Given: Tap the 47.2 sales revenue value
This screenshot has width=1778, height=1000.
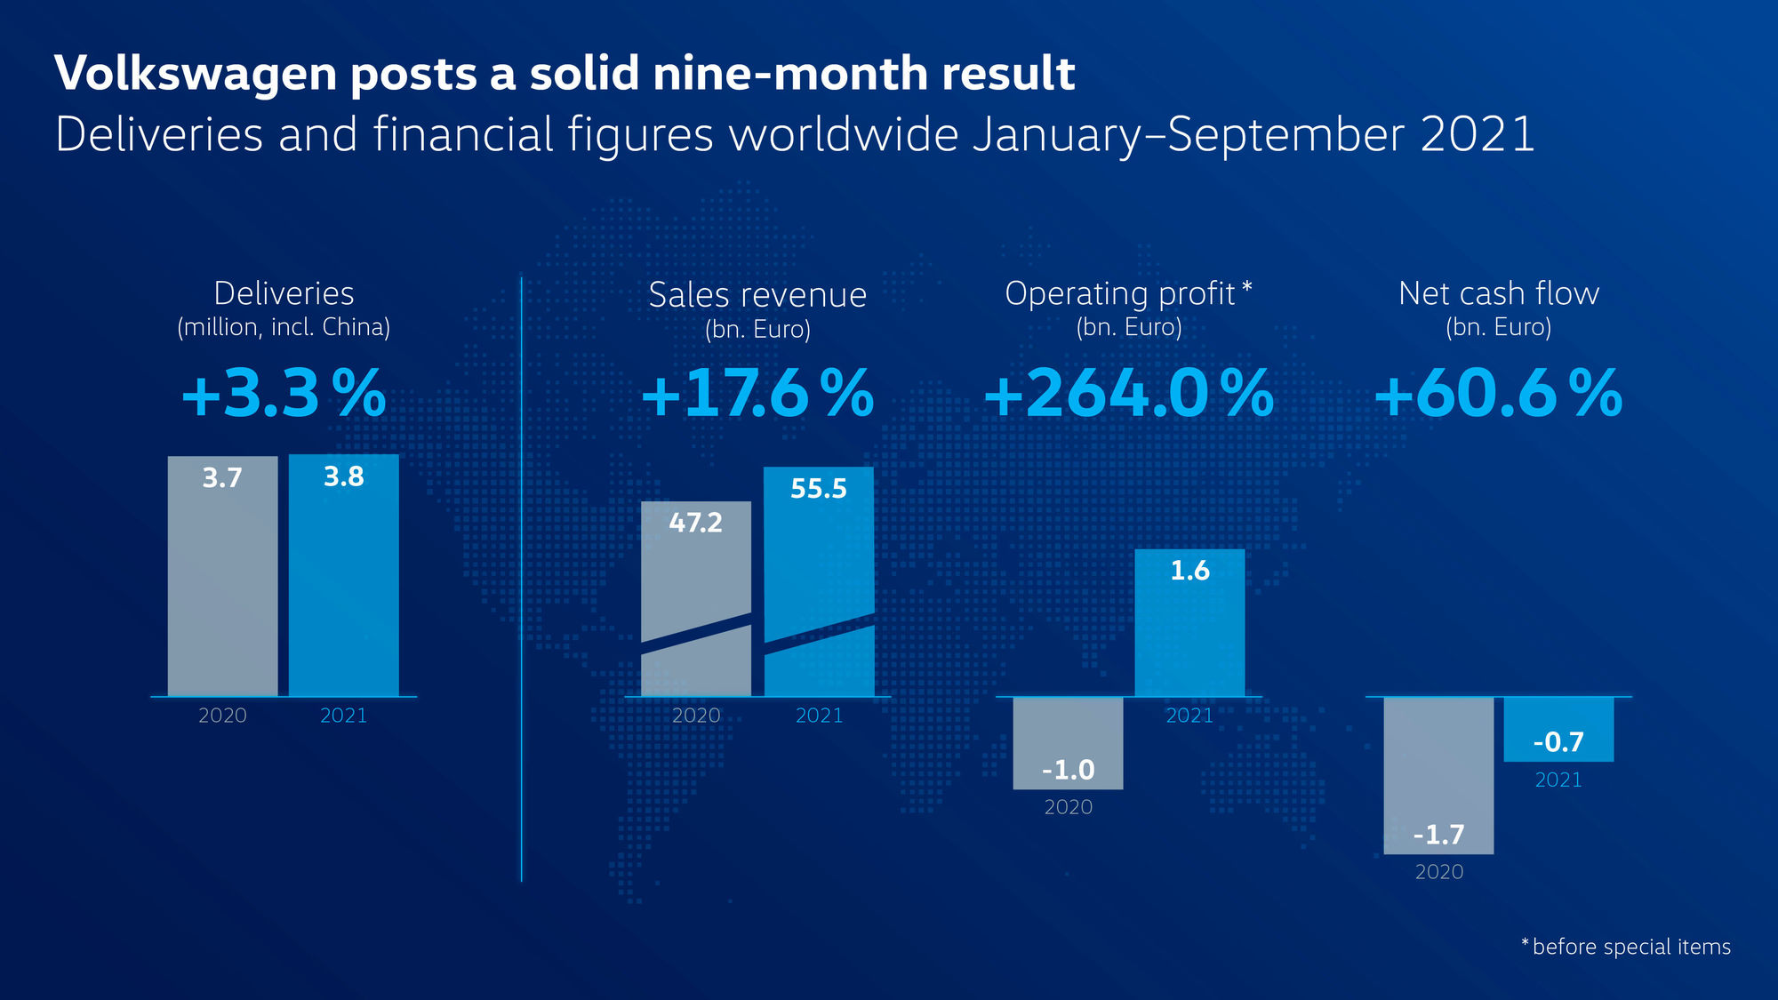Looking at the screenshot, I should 695,523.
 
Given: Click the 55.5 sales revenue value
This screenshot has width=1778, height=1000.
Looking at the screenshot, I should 819,489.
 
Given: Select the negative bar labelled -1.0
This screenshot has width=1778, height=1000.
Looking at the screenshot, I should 1068,743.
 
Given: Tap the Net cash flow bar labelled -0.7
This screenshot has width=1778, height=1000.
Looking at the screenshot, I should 1558,729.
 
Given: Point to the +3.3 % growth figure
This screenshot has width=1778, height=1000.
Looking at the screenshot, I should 284,394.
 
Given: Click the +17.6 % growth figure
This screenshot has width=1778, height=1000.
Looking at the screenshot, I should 757,394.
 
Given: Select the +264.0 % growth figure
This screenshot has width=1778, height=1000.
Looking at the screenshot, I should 1128,394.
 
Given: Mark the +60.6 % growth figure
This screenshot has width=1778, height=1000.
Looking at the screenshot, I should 1499,394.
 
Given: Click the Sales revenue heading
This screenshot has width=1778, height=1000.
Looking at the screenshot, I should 757,295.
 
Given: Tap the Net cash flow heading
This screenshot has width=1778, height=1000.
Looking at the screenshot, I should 1499,293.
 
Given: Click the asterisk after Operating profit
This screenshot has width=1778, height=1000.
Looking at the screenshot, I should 1247,286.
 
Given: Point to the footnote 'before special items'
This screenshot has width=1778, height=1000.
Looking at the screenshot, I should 1631,947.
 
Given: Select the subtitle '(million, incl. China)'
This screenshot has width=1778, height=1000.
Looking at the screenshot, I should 284,327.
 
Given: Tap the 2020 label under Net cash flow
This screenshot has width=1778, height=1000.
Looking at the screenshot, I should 1438,872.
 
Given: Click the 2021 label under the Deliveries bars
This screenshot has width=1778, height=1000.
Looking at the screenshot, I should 343,716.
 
